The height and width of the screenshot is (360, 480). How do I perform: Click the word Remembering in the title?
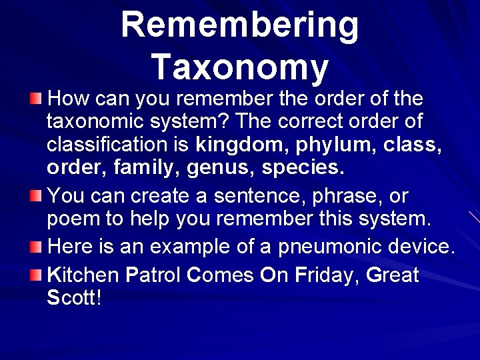pyautogui.click(x=240, y=25)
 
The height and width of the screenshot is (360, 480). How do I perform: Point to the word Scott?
pyautogui.click(x=74, y=297)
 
